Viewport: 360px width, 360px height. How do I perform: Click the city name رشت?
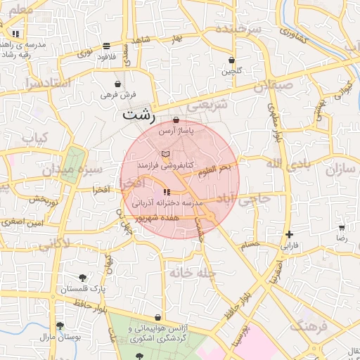pyautogui.click(x=139, y=115)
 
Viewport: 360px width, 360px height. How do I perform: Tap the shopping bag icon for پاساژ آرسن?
pyautogui.click(x=175, y=120)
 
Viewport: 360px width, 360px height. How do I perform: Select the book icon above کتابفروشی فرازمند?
pyautogui.click(x=165, y=153)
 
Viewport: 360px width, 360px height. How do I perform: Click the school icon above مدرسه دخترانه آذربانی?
pyautogui.click(x=166, y=192)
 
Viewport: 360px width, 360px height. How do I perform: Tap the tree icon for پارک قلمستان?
pyautogui.click(x=84, y=278)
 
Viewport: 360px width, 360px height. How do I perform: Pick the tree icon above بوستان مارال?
pyautogui.click(x=60, y=326)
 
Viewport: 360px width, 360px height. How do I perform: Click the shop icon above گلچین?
pyautogui.click(x=231, y=60)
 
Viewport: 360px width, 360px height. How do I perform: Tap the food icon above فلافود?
pyautogui.click(x=106, y=46)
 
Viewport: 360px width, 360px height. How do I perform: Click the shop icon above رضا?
pyautogui.click(x=342, y=228)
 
